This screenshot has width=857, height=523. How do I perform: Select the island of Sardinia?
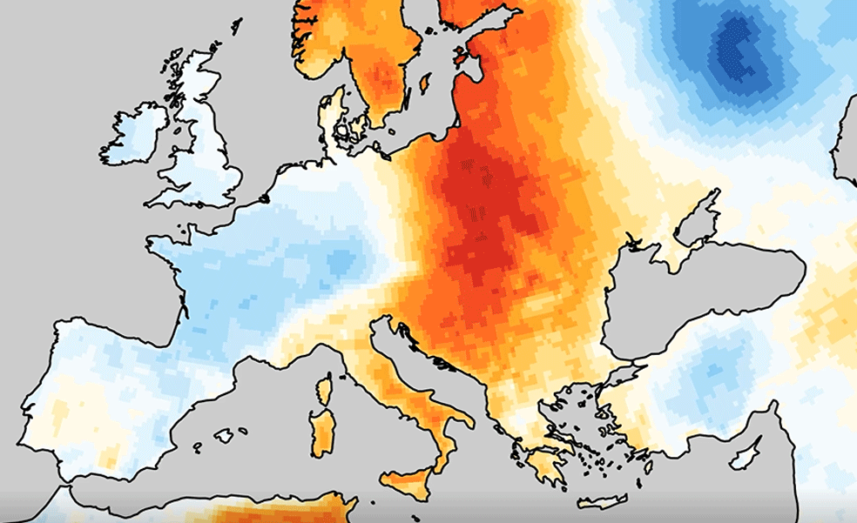point(323,432)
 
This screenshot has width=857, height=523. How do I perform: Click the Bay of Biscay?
point(122,287)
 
